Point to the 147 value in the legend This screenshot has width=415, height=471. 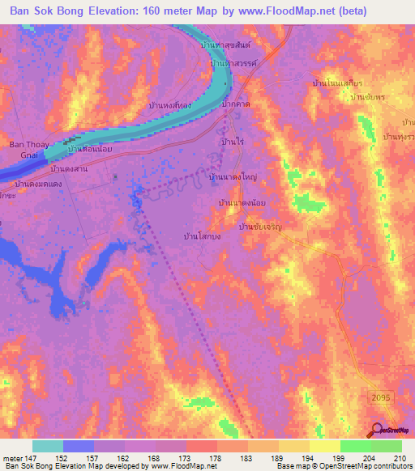[32, 457]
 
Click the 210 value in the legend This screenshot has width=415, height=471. [400, 457]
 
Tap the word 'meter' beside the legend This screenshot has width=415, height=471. [11, 457]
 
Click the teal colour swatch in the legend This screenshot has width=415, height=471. [48, 446]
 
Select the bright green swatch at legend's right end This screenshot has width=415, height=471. [386, 446]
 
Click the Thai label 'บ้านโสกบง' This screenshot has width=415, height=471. [203, 236]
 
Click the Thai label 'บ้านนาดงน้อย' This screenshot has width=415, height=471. [242, 202]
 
